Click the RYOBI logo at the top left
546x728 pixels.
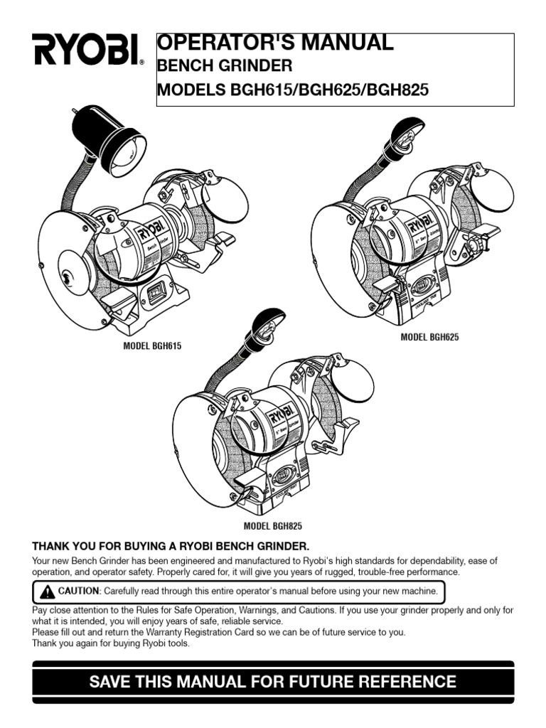point(86,49)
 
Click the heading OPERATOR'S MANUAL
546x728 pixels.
point(274,43)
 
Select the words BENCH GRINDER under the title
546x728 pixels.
point(224,67)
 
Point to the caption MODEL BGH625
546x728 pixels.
point(429,337)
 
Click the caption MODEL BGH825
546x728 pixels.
point(273,526)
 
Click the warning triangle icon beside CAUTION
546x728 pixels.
point(47,591)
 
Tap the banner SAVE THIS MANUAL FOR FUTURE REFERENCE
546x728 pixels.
point(273,682)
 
